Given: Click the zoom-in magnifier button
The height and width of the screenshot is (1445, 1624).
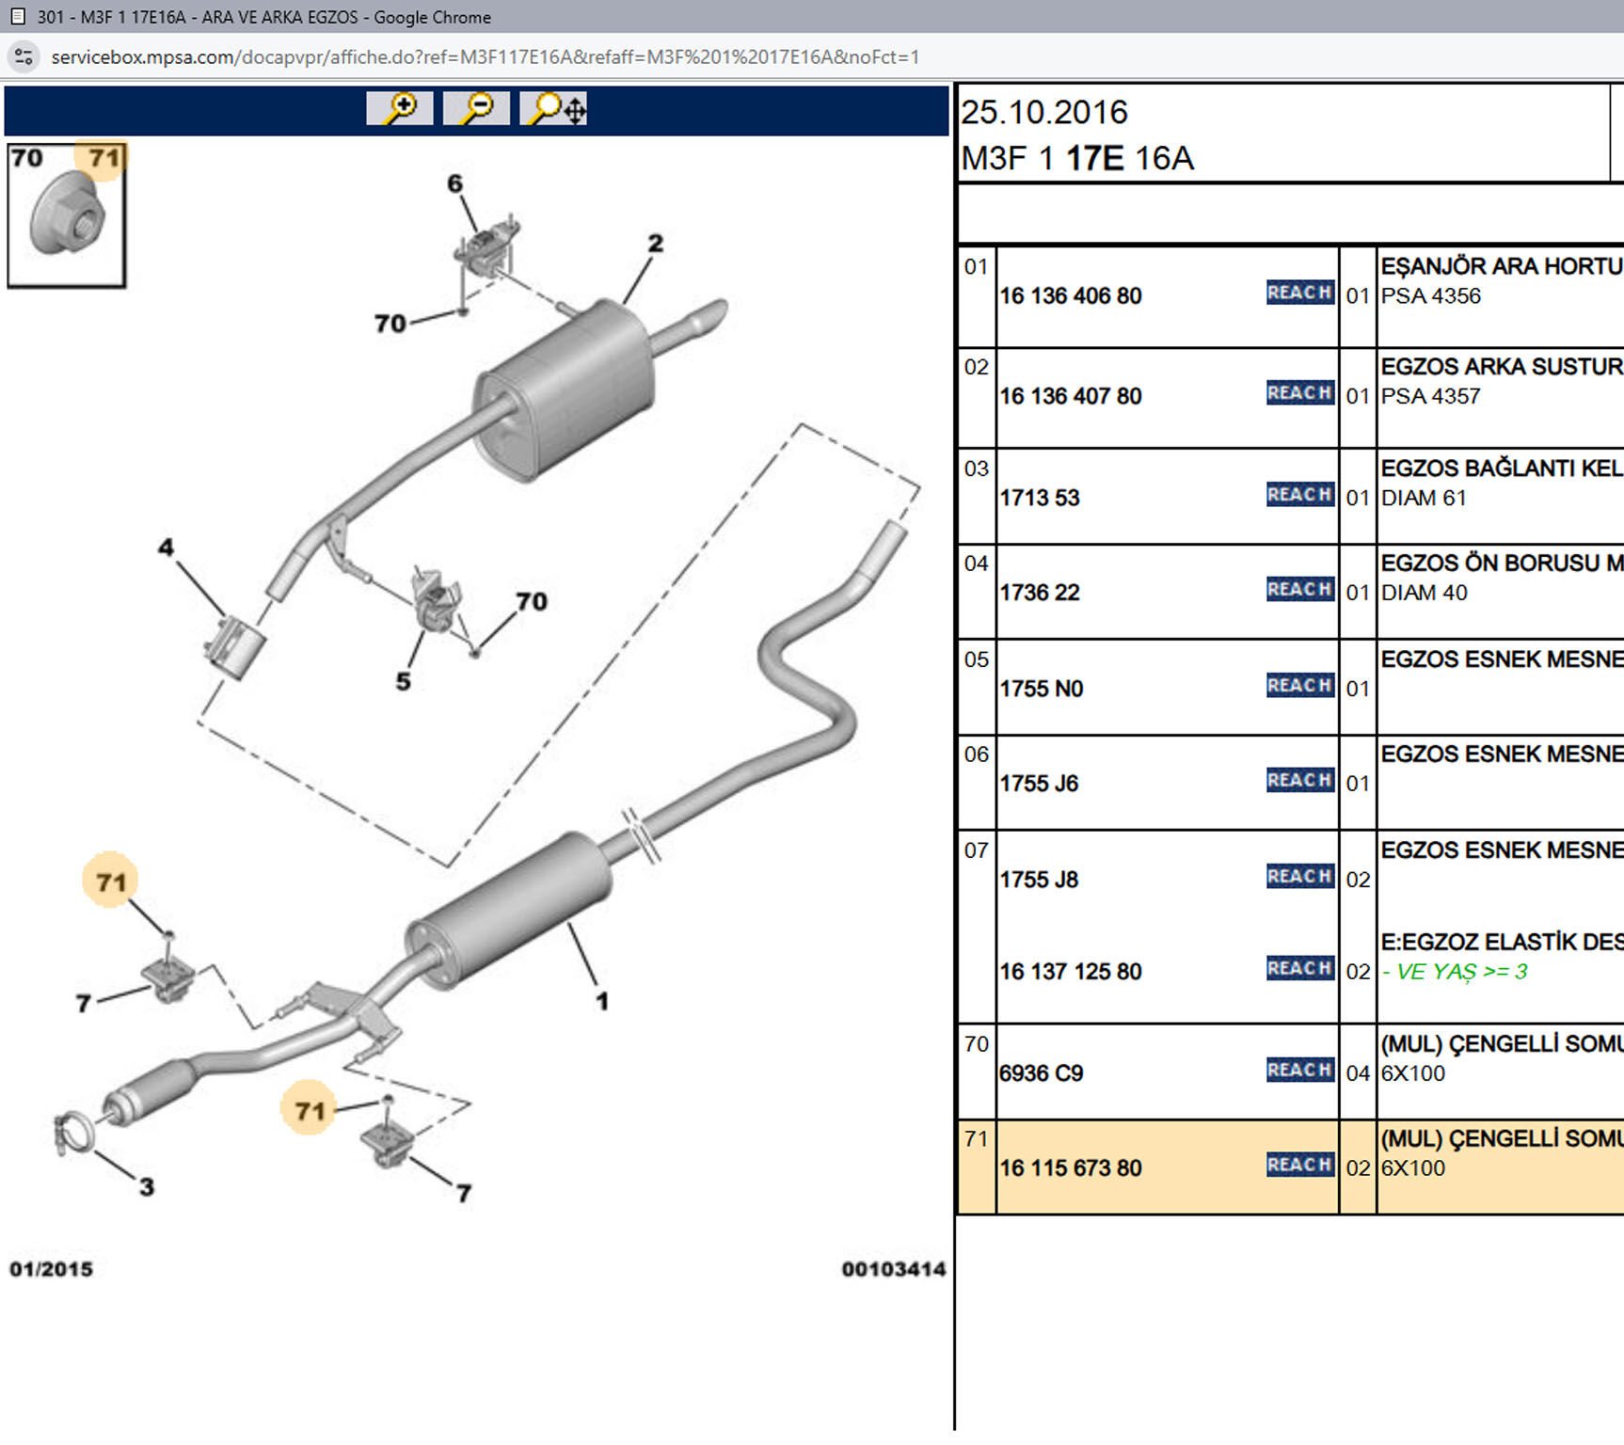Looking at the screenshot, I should point(399,108).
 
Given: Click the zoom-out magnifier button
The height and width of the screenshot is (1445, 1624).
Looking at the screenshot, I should point(476,108).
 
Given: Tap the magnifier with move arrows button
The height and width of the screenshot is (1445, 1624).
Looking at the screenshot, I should point(553,108).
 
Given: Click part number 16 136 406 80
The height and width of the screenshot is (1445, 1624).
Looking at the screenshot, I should point(1070,296).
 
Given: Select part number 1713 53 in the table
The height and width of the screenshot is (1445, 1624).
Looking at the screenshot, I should point(1039,498).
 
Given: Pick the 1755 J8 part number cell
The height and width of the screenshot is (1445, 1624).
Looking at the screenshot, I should point(1039,880).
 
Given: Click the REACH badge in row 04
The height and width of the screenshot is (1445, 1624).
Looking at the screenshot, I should point(1299,590).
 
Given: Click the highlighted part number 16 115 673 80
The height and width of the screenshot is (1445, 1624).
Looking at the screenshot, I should point(1070,1168).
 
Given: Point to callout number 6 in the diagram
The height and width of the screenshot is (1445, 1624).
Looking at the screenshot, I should point(454,183).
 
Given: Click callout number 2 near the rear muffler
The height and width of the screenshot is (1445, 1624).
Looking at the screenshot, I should point(655,244).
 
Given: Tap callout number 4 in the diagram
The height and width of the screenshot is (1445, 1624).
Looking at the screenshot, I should point(166,547).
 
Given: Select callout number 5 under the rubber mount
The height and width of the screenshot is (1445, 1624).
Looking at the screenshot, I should point(403,681).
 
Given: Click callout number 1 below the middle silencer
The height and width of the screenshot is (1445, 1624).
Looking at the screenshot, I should point(602,1001).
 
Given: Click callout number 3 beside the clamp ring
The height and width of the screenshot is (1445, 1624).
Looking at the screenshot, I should point(147,1187).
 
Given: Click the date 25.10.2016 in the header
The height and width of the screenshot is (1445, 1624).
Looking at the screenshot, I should point(1043,113).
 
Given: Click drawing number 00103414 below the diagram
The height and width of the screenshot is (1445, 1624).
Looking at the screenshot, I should point(893,1269).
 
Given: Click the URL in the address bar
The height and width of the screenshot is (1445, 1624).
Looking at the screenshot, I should point(485,57).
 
